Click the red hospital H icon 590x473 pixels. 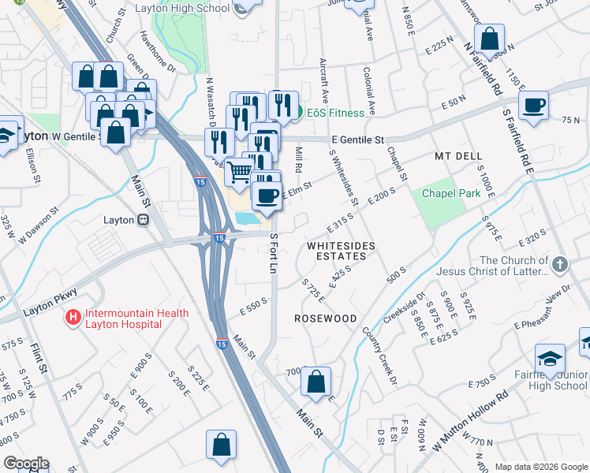point(73,318)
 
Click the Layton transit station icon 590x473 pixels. point(143,221)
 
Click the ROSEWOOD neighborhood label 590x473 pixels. point(325,318)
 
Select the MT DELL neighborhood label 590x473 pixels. point(457,157)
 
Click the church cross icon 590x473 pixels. point(559,265)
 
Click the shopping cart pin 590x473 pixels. point(239,171)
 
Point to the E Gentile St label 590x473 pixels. point(357,140)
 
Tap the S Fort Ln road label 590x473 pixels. point(274,253)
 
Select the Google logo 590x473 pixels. point(26,464)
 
